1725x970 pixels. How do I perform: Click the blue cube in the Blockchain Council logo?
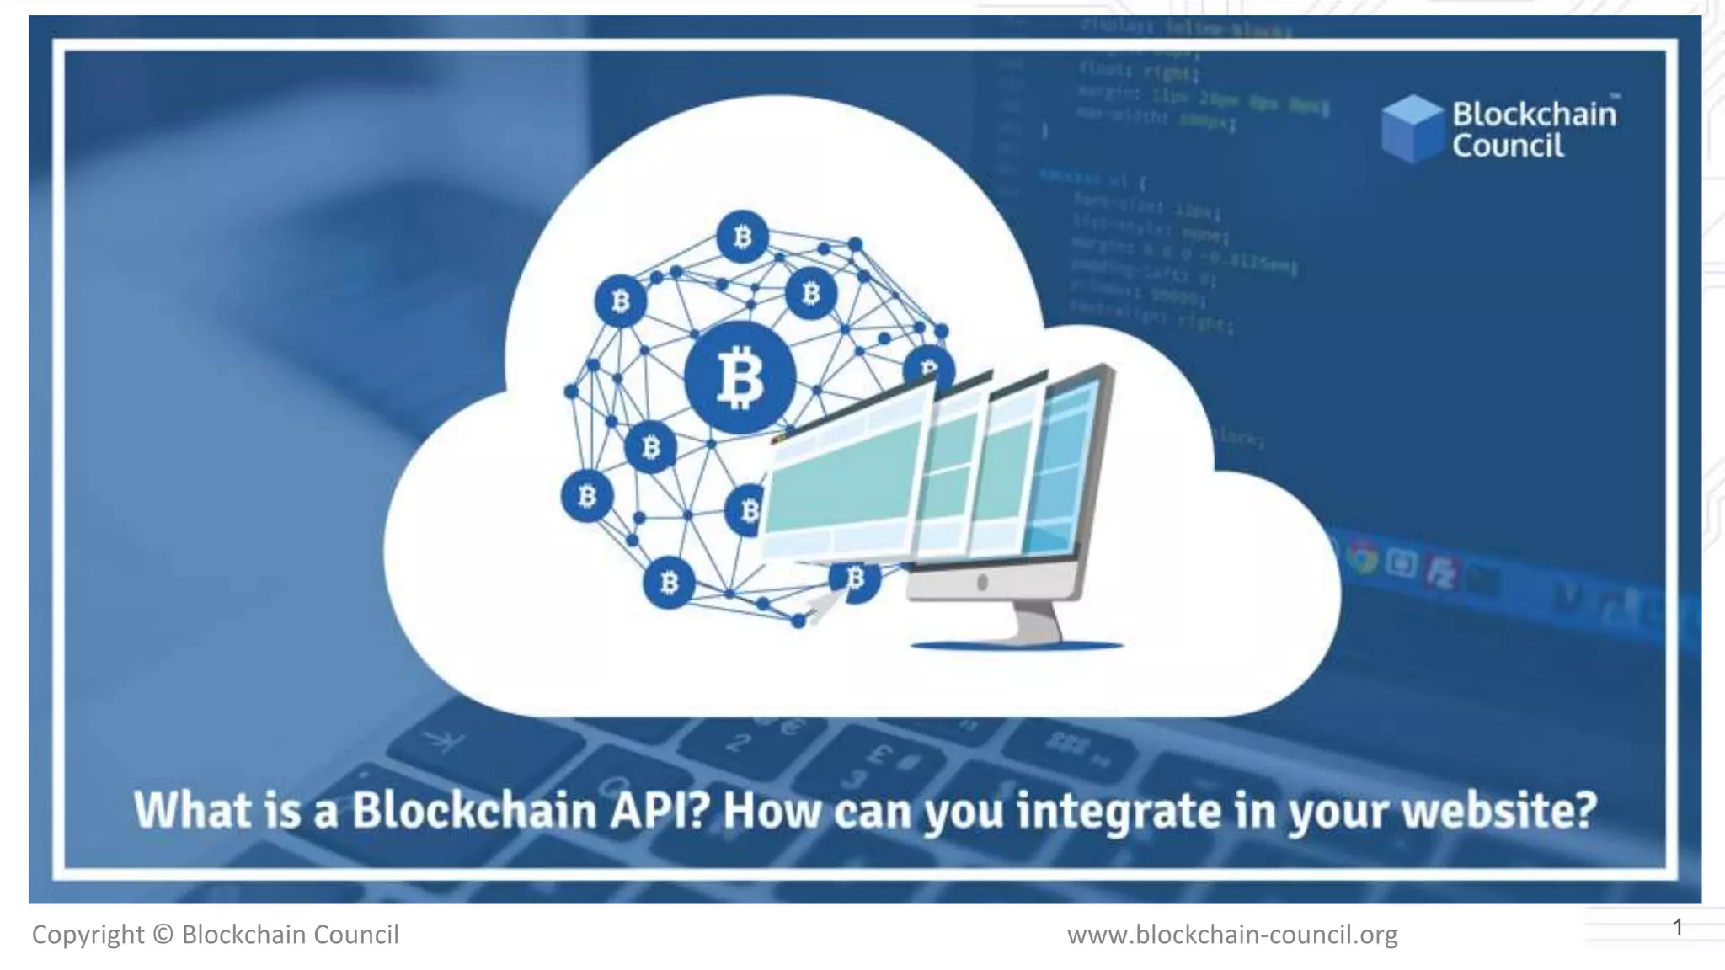1413,128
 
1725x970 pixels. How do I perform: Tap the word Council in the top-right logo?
1508,146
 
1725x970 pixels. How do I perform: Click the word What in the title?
193,810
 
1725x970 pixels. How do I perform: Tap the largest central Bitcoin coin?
740,377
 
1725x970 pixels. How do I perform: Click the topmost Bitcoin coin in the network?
742,237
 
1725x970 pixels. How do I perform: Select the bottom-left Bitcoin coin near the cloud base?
670,582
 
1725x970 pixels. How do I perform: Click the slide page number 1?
1678,927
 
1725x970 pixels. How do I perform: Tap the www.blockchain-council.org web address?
1231,935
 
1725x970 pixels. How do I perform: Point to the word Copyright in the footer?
88,935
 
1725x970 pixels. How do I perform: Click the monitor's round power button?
982,582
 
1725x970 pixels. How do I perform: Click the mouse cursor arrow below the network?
820,607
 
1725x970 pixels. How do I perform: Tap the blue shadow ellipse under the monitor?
1017,646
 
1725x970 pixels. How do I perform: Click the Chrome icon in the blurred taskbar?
1361,558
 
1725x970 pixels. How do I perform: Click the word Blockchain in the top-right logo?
1534,114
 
